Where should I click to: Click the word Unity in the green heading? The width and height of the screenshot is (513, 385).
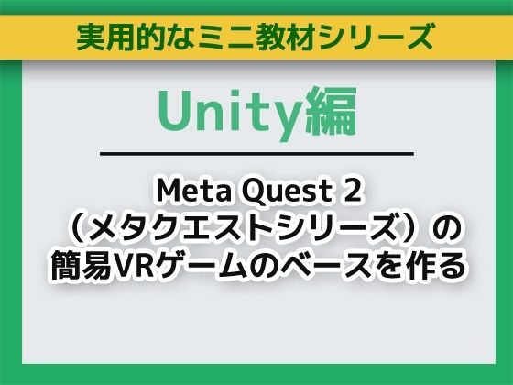[217, 111]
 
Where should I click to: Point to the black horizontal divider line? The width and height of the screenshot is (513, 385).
[256, 153]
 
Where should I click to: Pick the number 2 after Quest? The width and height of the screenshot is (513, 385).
[345, 190]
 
